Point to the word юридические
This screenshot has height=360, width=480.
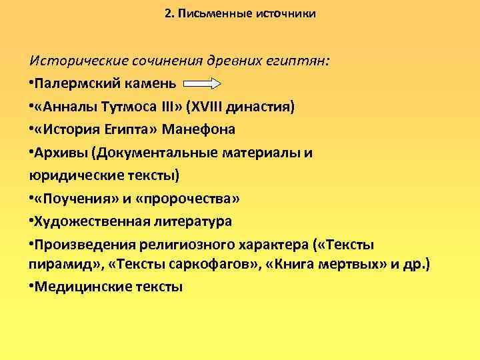(x=71, y=175)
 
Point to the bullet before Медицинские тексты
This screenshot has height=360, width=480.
(x=31, y=288)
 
